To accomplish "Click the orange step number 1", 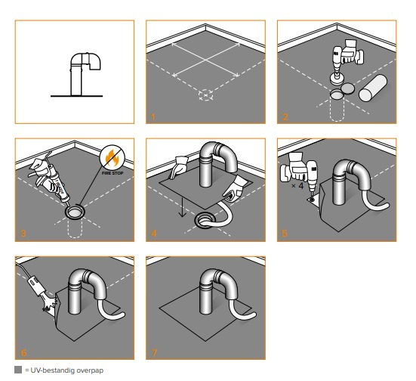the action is (x=153, y=117).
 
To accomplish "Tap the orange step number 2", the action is (x=285, y=117).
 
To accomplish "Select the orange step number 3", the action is (x=23, y=234).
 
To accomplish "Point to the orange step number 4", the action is (x=154, y=234).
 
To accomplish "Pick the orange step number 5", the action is (x=285, y=234).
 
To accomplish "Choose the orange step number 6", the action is (x=23, y=352).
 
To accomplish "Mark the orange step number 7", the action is (x=154, y=352).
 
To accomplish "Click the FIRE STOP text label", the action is (x=112, y=173).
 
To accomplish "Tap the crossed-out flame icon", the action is (x=112, y=157).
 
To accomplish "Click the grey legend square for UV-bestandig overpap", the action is (x=18, y=370).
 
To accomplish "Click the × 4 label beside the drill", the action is (x=297, y=186).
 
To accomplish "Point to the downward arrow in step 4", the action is (x=182, y=203).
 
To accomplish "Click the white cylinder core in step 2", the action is (x=373, y=88).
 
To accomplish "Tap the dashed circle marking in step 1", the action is (x=205, y=95).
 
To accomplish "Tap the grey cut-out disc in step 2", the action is (x=347, y=88).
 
